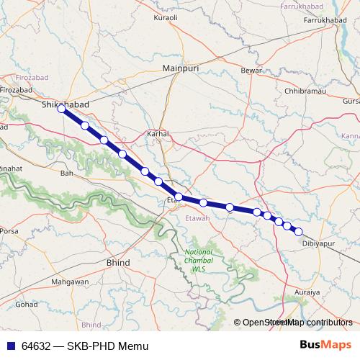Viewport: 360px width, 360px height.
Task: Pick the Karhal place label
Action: coord(158,134)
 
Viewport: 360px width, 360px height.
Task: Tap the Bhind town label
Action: coord(118,263)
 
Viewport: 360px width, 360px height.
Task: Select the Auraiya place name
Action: coord(308,293)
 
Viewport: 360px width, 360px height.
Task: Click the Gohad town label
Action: coord(27,305)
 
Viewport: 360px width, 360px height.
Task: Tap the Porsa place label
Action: coord(9,232)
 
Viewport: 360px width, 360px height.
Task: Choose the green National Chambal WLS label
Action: coord(199,261)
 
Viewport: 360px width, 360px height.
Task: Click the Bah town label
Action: coord(67,174)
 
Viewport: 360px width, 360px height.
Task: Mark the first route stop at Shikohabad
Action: coord(62,109)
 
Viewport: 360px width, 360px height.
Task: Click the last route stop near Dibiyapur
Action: coord(298,232)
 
